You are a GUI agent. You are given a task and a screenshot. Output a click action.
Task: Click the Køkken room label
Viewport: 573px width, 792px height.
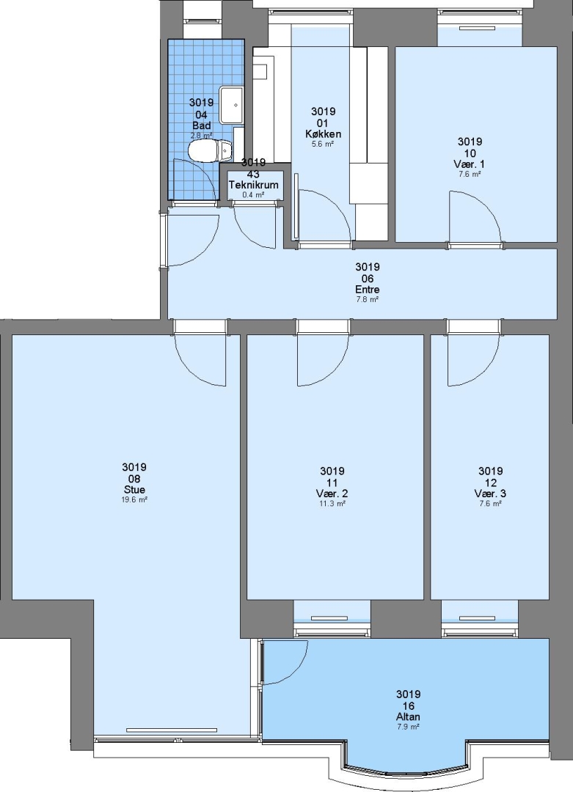click(x=323, y=134)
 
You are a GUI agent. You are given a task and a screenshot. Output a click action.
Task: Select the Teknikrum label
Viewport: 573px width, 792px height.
click(x=254, y=185)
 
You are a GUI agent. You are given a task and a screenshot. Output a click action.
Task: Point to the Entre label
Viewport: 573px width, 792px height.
click(x=368, y=290)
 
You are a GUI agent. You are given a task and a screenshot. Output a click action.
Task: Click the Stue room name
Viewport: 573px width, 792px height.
click(x=134, y=489)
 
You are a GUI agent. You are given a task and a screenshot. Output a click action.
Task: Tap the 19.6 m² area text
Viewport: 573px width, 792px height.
click(x=134, y=499)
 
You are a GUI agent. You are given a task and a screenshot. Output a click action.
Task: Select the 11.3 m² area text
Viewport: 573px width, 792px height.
click(x=332, y=504)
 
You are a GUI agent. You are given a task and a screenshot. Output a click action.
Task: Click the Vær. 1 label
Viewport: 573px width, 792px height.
click(x=470, y=164)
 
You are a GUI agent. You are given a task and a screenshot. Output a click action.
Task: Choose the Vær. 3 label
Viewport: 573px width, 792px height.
click(x=490, y=494)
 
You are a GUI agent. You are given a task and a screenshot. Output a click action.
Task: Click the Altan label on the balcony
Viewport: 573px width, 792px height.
click(x=408, y=716)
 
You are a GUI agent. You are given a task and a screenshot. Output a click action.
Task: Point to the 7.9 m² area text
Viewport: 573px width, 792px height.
click(x=408, y=727)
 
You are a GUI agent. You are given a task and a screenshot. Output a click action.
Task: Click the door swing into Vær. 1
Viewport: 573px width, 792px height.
click(x=475, y=217)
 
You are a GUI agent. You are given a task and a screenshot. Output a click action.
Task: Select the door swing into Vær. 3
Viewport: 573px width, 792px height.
click(x=474, y=359)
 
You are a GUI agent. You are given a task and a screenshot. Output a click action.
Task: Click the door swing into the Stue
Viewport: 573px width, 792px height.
click(x=200, y=359)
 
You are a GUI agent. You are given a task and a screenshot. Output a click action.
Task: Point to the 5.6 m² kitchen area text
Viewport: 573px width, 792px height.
click(x=323, y=144)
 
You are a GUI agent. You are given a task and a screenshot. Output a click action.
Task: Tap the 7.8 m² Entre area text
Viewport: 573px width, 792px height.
click(x=368, y=299)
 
